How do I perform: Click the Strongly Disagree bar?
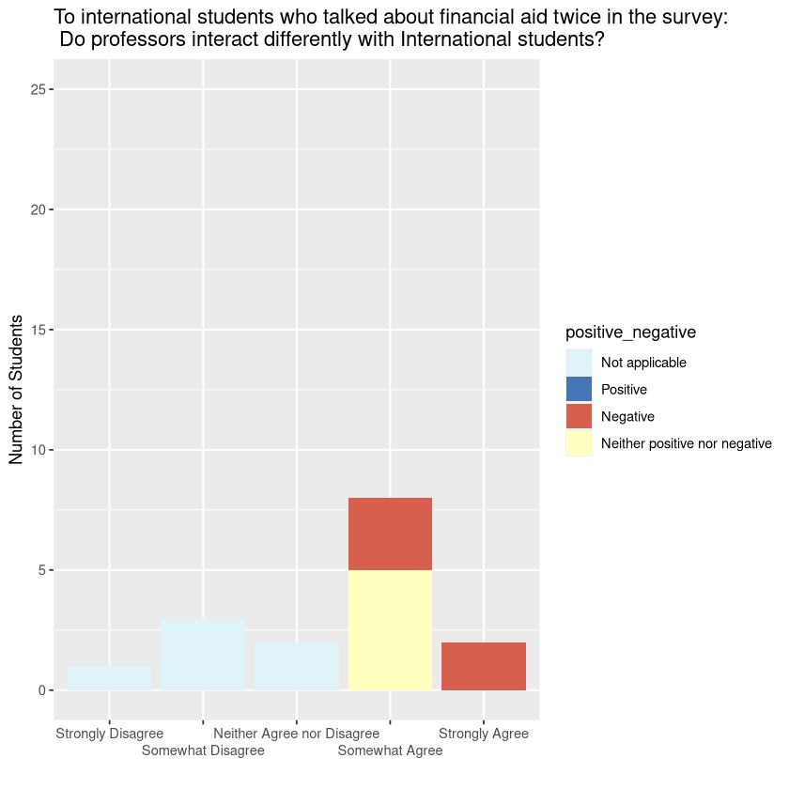[109, 678]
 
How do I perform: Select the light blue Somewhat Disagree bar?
[203, 655]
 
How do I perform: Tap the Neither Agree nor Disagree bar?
[297, 667]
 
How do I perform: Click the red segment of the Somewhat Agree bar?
[390, 534]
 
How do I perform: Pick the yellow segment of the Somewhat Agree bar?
[390, 630]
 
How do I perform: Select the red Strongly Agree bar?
[484, 667]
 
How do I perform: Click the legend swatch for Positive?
[579, 389]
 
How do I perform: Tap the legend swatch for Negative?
[579, 416]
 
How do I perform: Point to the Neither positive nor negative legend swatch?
[579, 443]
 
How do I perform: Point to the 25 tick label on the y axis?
[39, 89]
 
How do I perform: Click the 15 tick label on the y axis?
[39, 330]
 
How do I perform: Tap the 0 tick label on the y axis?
[42, 690]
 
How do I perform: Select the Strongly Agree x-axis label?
[484, 734]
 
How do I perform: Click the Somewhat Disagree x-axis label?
[203, 750]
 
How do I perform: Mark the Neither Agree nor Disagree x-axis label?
[296, 734]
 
